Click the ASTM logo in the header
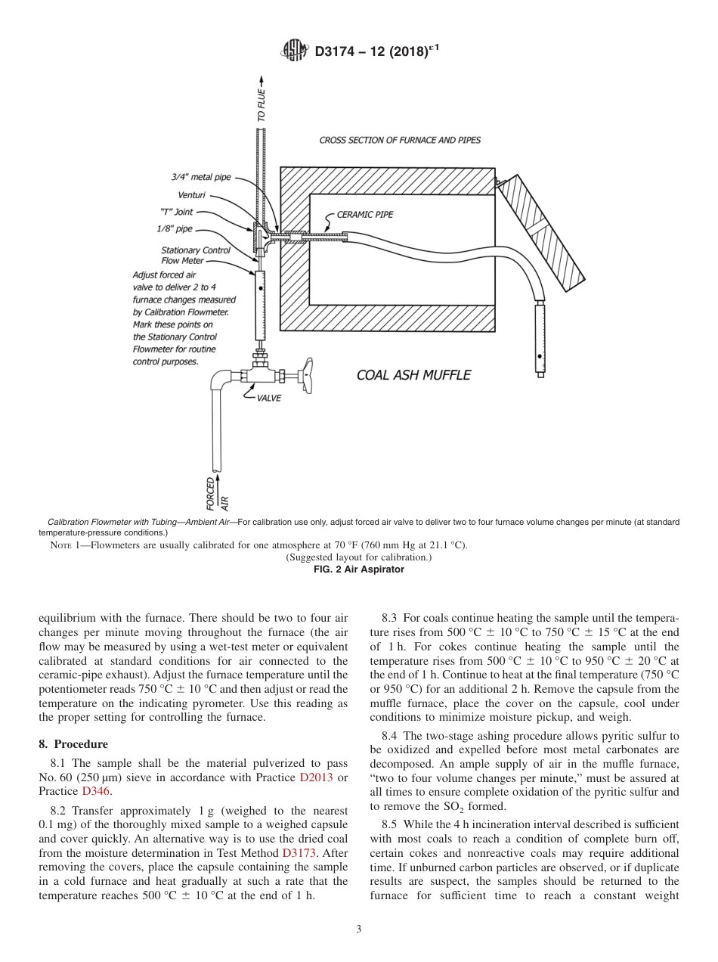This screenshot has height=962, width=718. click(295, 51)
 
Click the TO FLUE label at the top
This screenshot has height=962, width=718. click(262, 105)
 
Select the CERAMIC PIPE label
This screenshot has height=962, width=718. click(364, 214)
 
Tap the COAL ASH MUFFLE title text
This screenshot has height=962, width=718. click(413, 375)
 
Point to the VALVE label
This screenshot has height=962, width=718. click(268, 399)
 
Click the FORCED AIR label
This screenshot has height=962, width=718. click(216, 493)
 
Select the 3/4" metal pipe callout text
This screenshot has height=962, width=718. click(200, 177)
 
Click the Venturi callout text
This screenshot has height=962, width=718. click(191, 195)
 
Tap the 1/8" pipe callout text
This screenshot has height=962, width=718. click(175, 228)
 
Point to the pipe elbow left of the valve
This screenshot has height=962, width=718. click(220, 377)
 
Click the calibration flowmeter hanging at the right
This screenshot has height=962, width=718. click(540, 337)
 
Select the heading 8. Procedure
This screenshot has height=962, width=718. click(73, 744)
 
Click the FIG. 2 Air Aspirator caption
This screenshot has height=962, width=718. click(358, 569)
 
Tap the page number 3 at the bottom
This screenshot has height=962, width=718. click(358, 929)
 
